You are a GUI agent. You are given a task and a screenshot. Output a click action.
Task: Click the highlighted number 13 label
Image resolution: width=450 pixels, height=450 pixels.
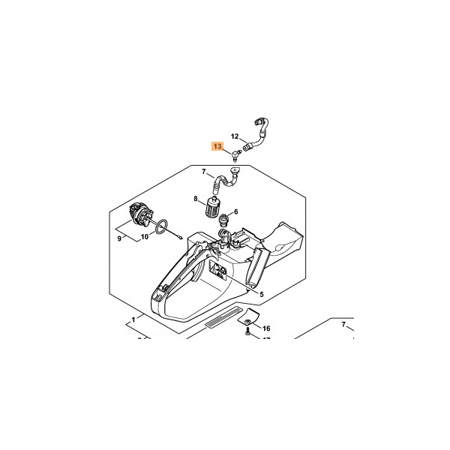217,146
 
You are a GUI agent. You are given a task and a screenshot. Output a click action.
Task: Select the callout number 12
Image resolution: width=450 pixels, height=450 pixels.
235,136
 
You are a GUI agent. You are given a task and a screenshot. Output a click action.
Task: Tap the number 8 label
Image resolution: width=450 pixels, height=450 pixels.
196,198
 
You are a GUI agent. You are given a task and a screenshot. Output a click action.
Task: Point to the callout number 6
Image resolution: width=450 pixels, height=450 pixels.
236,211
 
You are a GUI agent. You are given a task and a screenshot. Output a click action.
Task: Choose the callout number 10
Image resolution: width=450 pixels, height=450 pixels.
145,237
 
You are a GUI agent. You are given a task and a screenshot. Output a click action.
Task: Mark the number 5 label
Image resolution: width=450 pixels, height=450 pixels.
262,294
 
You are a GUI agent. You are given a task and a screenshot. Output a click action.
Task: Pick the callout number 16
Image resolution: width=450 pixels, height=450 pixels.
266,328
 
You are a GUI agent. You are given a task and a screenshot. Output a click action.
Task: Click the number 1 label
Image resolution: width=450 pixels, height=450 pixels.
133,319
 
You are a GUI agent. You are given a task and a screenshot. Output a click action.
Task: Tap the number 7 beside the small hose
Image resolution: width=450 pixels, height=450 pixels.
204,172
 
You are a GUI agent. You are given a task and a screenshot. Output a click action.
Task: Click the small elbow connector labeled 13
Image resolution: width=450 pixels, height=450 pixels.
235,155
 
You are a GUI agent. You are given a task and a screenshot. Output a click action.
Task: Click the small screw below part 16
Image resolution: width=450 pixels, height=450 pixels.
247,334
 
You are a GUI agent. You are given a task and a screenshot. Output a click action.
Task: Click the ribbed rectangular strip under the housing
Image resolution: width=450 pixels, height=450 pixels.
223,316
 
